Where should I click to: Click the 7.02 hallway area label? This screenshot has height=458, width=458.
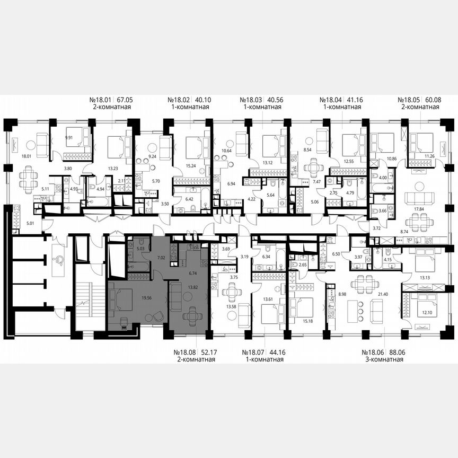click(162, 258)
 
